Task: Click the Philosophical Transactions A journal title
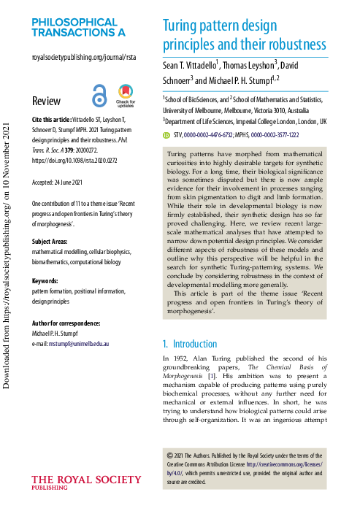tap(78, 27)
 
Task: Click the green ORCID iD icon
tap(167, 136)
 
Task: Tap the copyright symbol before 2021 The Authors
tap(170, 453)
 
